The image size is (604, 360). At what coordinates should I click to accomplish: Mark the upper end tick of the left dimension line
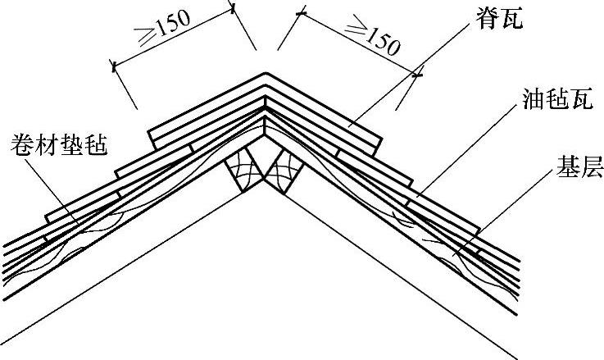234,10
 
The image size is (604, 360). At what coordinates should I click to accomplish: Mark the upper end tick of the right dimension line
302,12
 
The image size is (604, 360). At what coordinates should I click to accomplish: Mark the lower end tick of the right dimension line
417,75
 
